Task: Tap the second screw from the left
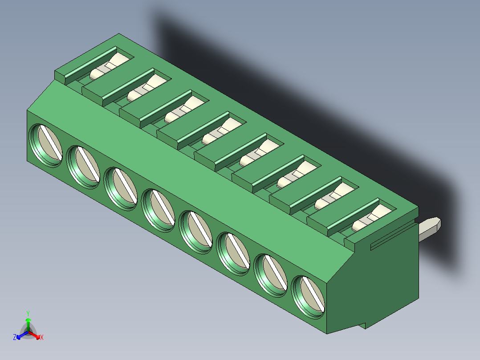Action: point(83,165)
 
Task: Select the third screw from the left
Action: point(121,187)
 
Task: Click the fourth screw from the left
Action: point(158,209)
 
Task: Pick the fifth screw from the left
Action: point(195,230)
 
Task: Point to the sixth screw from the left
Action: point(233,252)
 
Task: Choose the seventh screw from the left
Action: point(270,274)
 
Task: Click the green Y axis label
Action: point(28,313)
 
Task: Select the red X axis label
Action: point(42,338)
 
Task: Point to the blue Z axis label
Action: point(15,338)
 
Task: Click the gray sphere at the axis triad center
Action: point(28,332)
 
